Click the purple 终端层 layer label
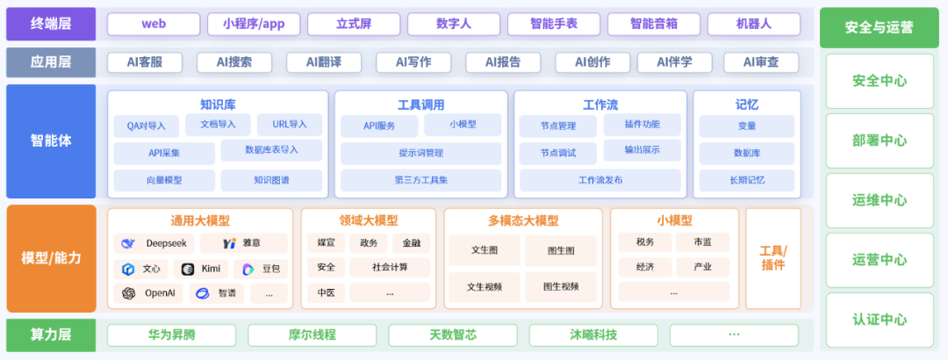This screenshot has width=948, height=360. coord(51,24)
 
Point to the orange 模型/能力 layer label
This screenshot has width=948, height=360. coord(51,258)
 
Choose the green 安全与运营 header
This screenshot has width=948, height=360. coord(879,27)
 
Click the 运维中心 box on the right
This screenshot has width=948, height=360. coord(879,200)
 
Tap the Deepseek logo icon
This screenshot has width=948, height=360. coord(128,243)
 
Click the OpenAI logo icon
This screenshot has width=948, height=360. coord(128,293)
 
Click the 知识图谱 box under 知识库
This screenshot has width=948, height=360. coord(271,180)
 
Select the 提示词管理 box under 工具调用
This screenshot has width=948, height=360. coord(420,153)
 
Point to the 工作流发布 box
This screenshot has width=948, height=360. coord(600,180)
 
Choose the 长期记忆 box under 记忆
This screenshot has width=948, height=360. coord(747,180)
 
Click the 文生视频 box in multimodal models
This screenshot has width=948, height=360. coord(484,286)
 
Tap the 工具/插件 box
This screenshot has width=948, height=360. coord(772,258)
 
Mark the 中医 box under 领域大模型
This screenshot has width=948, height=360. coord(326,292)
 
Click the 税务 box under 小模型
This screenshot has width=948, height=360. coord(644,242)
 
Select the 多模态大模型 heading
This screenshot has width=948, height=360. coord(522,220)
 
